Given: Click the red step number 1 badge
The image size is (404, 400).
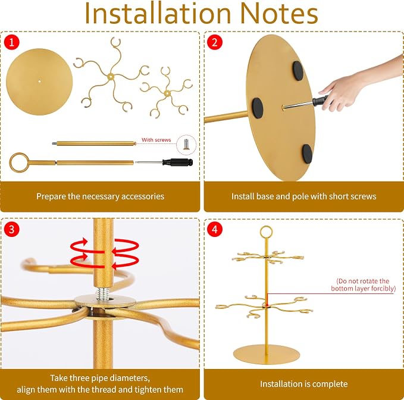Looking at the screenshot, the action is click(11, 42).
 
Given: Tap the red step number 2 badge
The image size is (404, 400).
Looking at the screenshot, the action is click(215, 42).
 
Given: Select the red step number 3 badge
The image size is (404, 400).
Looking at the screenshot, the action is click(11, 229).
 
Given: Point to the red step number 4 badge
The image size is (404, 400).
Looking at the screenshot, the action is click(215, 229).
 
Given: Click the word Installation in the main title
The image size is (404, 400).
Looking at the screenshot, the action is click(158, 14).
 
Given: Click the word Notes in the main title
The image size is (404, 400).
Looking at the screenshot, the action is click(279, 14).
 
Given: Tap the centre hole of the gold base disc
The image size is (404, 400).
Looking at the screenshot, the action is click(39, 81).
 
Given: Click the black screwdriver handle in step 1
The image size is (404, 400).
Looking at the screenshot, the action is click(177, 162).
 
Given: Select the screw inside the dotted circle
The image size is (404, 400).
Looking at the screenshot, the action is click(186, 144).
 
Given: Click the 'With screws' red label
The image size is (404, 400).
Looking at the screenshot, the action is click(156, 140).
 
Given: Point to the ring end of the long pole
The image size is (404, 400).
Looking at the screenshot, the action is click(19, 162).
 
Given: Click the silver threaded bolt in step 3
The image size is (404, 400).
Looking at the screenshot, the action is click(103, 294).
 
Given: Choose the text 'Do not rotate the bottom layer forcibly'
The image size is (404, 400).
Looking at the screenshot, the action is click(364, 285).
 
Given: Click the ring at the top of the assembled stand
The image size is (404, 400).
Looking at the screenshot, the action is click(266, 232).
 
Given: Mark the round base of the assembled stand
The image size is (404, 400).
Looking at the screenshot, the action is click(267, 354).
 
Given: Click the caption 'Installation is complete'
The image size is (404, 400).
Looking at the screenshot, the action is click(304, 384).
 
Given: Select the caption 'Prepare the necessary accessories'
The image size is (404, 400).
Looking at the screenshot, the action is click(100, 196).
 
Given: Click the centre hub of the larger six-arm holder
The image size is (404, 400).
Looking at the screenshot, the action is click(111, 76).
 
